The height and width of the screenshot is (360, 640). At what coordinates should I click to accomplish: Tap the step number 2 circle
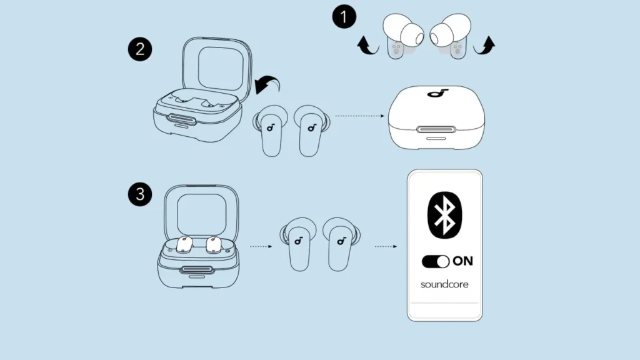140,49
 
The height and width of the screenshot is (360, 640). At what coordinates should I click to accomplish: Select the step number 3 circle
140,194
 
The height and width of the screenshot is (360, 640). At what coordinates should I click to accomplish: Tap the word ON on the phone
462,261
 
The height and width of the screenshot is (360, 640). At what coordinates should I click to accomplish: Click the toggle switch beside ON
436,261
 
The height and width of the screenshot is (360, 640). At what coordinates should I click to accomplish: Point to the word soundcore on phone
444,284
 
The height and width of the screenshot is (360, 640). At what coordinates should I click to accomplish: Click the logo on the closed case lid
436,94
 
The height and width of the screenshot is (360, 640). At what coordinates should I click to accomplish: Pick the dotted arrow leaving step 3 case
260,246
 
